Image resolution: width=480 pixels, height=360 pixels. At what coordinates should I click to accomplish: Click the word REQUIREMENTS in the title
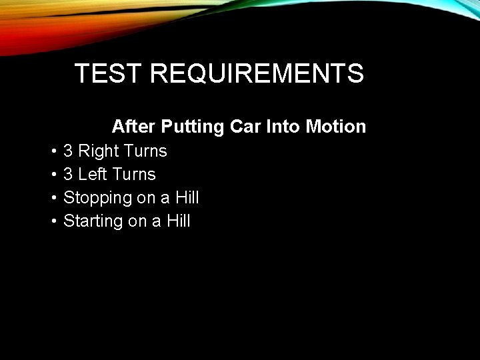point(257,73)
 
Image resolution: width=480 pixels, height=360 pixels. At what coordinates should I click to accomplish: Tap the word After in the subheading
point(134,126)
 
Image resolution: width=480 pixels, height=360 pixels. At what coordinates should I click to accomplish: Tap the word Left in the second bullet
point(92,175)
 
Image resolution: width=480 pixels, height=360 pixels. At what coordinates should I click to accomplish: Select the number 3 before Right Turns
point(68,151)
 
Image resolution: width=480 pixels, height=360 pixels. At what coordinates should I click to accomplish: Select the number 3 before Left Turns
point(68,175)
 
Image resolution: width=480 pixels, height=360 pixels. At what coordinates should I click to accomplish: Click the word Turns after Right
point(145,151)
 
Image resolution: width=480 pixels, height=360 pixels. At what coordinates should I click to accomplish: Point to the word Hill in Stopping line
point(187,198)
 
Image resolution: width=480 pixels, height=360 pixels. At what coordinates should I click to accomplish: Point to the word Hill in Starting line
point(179,221)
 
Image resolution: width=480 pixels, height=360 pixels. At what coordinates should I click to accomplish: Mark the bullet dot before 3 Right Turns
point(53,152)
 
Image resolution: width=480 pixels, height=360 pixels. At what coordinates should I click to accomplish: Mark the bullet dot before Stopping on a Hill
point(53,199)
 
